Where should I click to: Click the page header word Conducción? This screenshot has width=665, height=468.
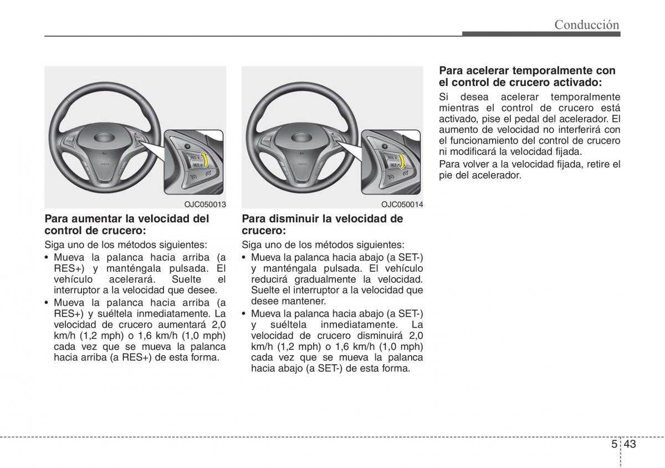587,24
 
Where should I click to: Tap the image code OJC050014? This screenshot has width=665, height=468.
402,205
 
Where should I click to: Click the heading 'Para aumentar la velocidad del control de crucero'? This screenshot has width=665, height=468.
126,224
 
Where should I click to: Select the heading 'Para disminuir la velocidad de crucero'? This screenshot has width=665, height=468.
322,224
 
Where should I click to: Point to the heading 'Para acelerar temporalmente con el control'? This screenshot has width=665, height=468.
527,77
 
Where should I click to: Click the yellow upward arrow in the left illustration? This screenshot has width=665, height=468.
204,160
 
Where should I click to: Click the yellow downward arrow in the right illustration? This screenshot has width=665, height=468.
401,161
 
